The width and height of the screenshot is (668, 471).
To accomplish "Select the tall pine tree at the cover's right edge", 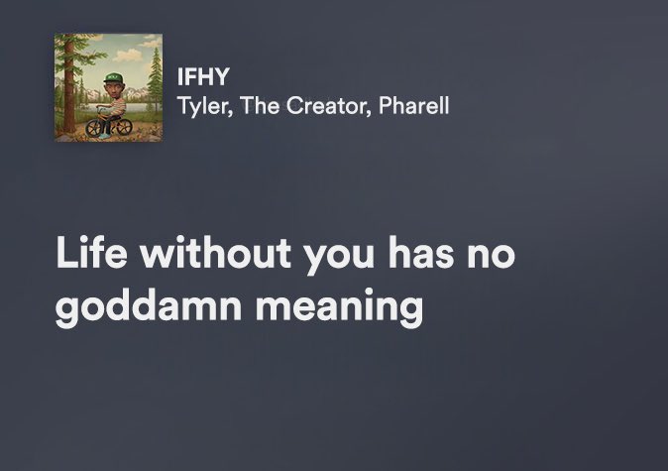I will (155, 79).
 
